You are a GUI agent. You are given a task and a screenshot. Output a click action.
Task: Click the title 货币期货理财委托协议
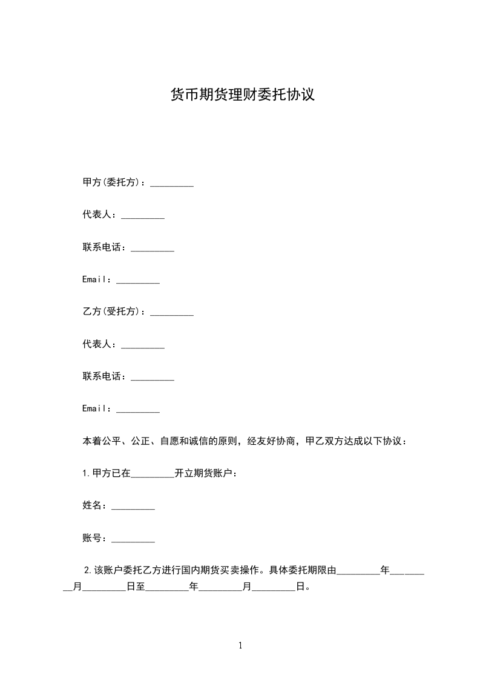click(x=243, y=95)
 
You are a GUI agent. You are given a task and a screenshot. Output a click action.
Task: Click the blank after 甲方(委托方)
click(x=171, y=183)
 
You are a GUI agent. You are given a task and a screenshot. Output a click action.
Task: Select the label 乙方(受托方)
click(x=114, y=312)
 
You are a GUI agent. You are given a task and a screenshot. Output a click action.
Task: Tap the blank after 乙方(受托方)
click(x=171, y=313)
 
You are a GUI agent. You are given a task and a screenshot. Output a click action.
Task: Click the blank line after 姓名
click(x=133, y=506)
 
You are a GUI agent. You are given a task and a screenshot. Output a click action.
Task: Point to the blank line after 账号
click(x=133, y=539)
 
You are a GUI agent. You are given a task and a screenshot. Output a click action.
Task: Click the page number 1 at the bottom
click(x=240, y=645)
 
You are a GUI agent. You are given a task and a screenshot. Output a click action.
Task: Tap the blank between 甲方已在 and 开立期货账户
click(x=152, y=474)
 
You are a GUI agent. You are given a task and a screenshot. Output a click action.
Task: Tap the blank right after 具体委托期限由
click(x=358, y=571)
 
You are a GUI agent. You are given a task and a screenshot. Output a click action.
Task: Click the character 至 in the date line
click(x=140, y=587)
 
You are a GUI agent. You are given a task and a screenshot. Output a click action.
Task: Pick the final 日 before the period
click(x=299, y=587)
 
